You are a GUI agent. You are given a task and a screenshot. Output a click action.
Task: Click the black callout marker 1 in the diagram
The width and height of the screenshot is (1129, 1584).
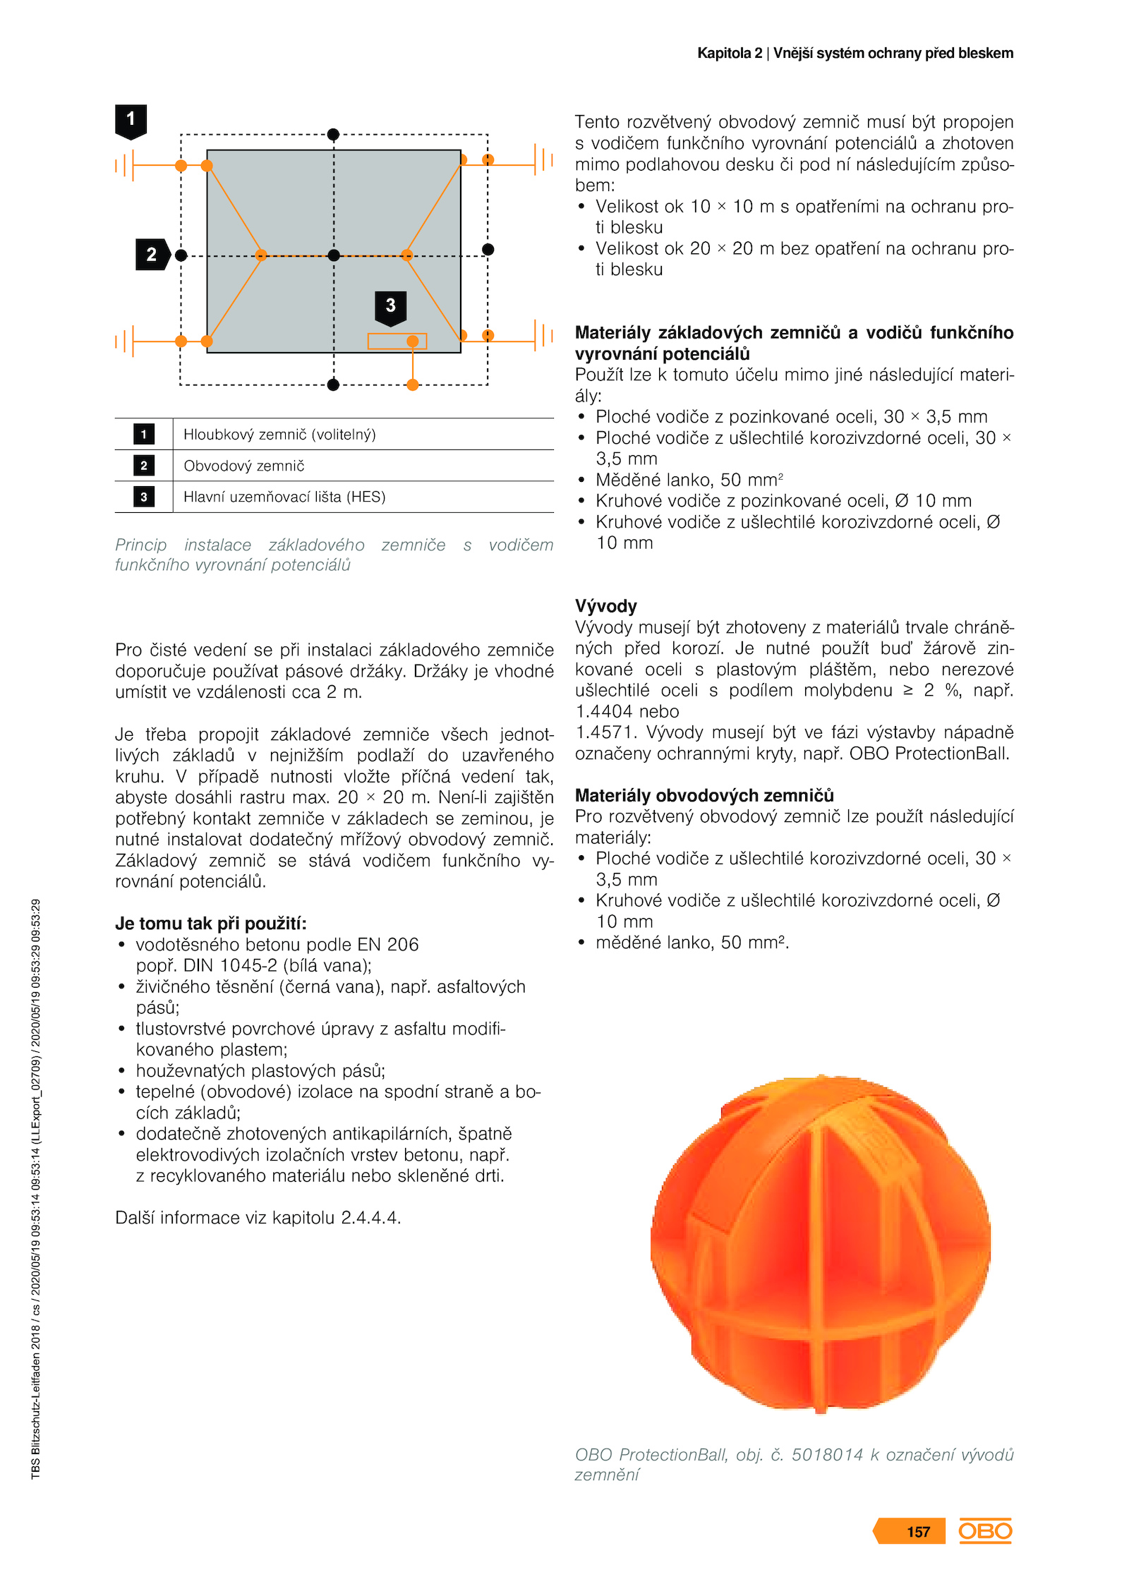point(131,120)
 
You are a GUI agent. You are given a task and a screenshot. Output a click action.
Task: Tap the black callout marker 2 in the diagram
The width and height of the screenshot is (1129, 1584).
point(152,255)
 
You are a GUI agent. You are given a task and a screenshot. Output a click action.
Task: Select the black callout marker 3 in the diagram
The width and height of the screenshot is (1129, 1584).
point(390,306)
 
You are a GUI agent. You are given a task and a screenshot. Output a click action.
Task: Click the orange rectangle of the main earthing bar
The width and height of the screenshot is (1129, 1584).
point(397,341)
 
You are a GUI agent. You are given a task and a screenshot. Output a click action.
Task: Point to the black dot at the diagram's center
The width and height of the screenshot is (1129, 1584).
point(334,255)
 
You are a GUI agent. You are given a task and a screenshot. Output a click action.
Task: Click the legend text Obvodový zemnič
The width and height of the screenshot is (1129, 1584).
point(244,466)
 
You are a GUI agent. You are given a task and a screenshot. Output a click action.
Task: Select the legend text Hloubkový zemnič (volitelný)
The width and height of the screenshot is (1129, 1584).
point(279,435)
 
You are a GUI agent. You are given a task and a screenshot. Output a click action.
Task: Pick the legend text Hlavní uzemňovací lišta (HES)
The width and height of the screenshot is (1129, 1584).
point(284,497)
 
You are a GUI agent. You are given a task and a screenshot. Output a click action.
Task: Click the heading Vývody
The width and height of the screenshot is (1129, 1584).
point(605,606)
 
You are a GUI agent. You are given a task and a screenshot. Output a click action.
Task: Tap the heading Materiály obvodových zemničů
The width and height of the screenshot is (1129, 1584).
point(704,795)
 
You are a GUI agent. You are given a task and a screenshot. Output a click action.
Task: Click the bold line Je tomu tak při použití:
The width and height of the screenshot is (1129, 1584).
point(211,924)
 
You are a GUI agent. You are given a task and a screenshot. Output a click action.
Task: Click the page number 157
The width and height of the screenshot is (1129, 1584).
point(918,1532)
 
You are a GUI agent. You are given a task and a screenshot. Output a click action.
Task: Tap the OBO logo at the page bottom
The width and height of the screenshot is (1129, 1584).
point(985,1531)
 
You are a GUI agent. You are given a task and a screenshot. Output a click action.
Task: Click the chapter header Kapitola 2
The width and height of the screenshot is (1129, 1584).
point(730,53)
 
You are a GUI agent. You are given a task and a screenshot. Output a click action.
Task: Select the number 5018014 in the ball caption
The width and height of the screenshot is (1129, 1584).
point(827,1454)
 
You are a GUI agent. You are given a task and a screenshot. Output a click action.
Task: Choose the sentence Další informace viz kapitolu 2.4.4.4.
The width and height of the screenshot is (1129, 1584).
point(258,1218)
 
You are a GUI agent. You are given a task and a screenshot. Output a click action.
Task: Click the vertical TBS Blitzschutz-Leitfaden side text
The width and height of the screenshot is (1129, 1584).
point(36,1188)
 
